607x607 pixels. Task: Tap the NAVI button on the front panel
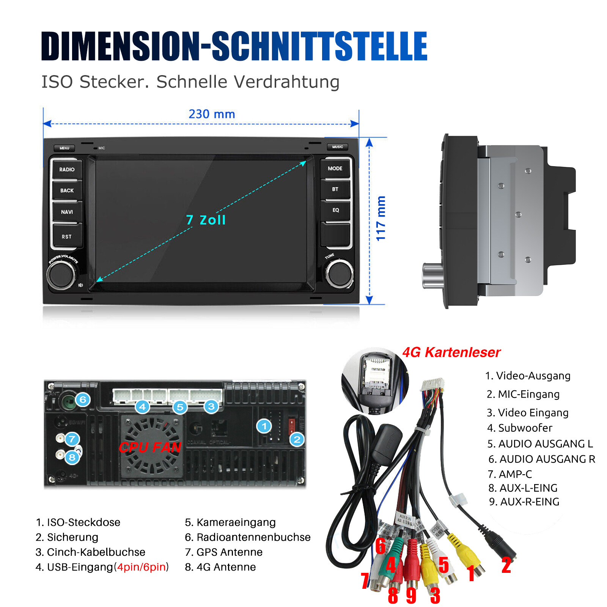(67, 212)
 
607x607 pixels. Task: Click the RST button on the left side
(67, 236)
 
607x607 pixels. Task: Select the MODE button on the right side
(335, 168)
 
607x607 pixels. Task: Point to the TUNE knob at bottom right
(339, 273)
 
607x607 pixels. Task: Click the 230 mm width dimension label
(212, 114)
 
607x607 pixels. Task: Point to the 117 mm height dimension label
(381, 219)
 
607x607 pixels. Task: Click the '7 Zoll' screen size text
(206, 220)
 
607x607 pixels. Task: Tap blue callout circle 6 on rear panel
(83, 399)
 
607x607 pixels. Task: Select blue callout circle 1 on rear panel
(264, 426)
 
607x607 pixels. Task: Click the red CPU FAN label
(150, 448)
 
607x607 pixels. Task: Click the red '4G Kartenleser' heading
(451, 352)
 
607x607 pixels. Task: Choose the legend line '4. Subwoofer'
(519, 428)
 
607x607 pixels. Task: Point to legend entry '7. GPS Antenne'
(223, 552)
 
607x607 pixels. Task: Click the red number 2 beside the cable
(506, 565)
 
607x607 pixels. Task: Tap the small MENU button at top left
(64, 148)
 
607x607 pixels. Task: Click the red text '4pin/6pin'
(141, 567)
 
